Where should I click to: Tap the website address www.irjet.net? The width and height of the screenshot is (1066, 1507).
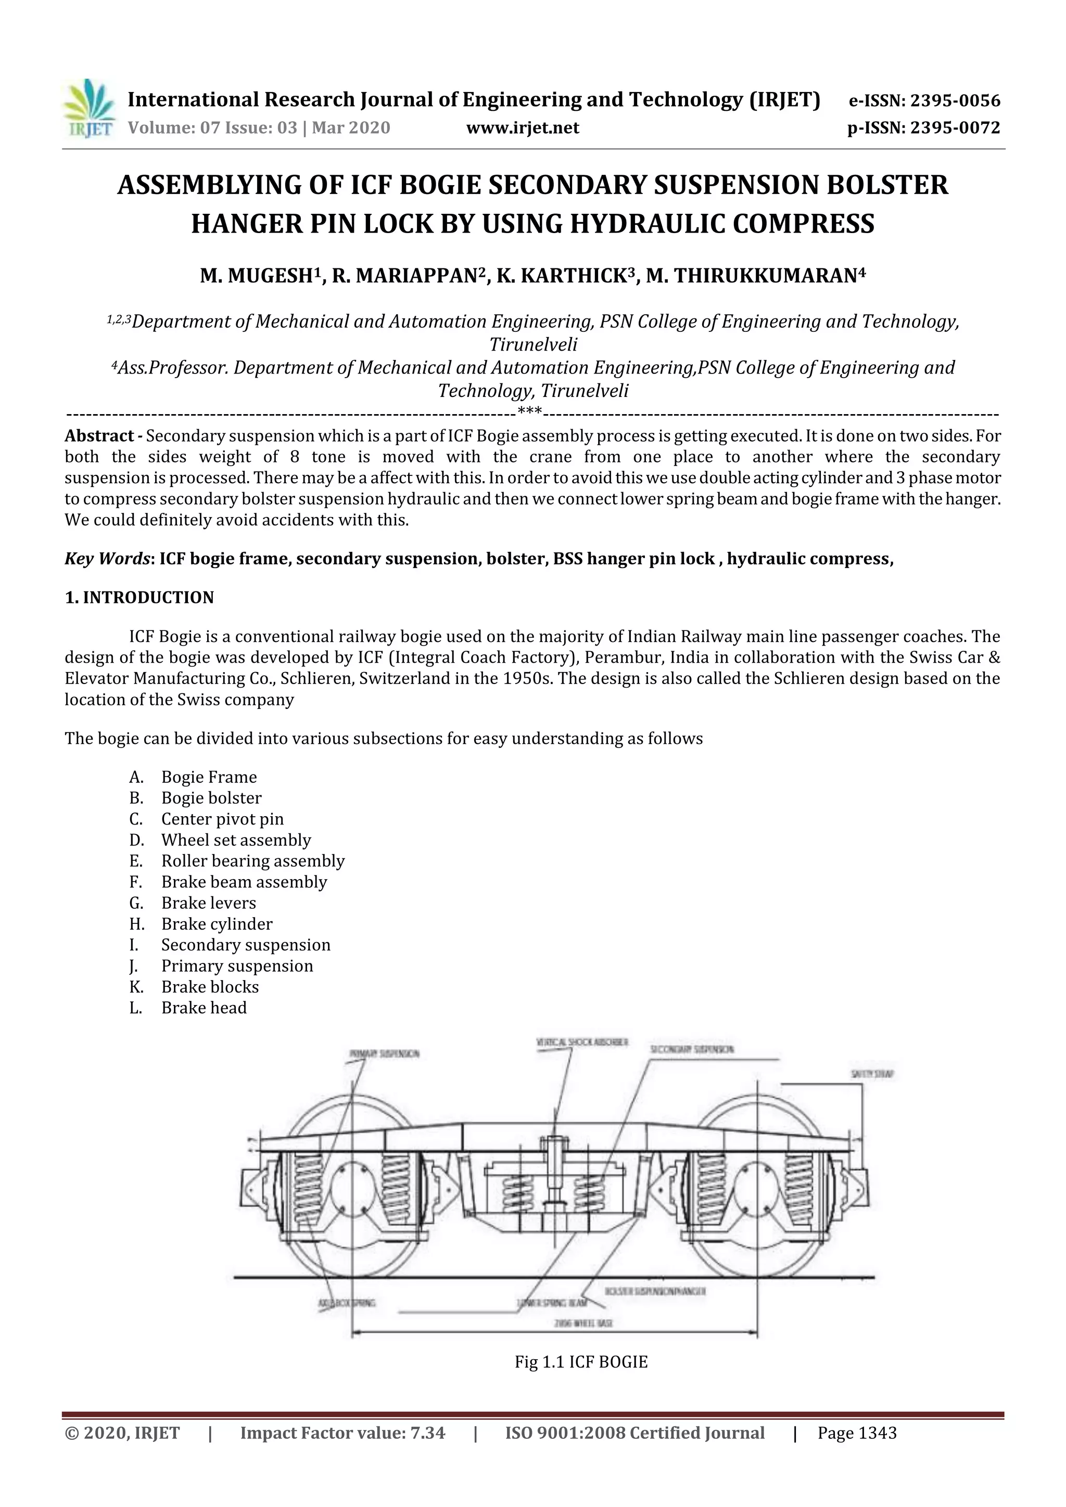(x=522, y=127)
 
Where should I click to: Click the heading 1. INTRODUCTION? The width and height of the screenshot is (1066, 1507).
(x=139, y=597)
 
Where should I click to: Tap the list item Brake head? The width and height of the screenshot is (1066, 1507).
(x=204, y=1008)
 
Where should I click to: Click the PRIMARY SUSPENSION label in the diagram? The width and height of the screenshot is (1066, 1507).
(x=384, y=1054)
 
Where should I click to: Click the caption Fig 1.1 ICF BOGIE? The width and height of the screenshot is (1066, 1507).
(x=580, y=1362)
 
